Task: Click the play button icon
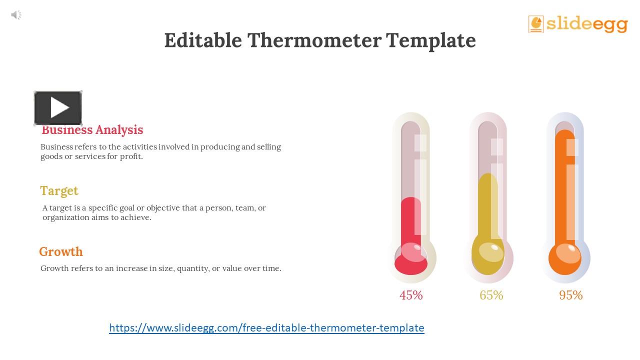pyautogui.click(x=58, y=108)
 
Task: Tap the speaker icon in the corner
pyautogui.click(x=16, y=15)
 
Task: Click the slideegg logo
pyautogui.click(x=578, y=23)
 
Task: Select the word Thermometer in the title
pyautogui.click(x=314, y=40)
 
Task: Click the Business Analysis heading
pyautogui.click(x=92, y=130)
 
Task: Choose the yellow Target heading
pyautogui.click(x=59, y=191)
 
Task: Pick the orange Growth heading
pyautogui.click(x=61, y=252)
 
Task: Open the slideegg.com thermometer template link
pyautogui.click(x=266, y=328)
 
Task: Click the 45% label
pyautogui.click(x=411, y=295)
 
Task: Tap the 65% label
pyautogui.click(x=491, y=295)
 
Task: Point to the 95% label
pyautogui.click(x=570, y=295)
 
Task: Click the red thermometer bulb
pyautogui.click(x=411, y=258)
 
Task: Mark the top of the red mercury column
pyautogui.click(x=411, y=199)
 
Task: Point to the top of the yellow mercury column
pyautogui.click(x=488, y=175)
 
